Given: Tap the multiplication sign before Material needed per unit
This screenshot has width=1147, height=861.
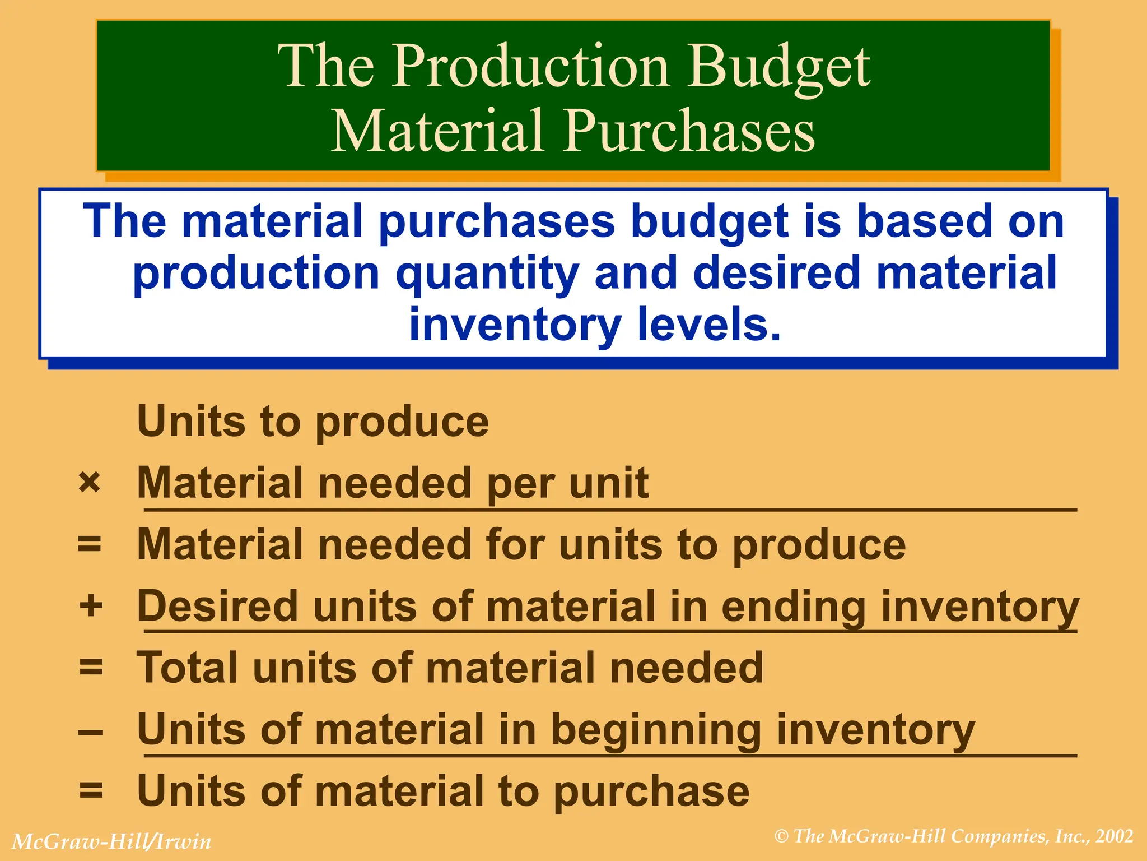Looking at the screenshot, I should point(90,483).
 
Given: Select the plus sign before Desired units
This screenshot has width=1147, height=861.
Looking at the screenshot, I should point(91,606).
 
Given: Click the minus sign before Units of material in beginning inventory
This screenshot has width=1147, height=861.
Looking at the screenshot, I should point(91,732).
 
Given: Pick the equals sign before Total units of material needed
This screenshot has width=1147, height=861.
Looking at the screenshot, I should point(91,668).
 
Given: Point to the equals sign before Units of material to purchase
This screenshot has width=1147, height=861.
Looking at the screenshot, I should point(91,791).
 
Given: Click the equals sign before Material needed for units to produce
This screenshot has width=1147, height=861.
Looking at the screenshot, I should point(90,544).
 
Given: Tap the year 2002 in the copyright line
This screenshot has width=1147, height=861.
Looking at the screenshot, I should point(1115,836).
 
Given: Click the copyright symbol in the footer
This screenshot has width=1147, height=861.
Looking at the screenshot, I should point(782,837).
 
